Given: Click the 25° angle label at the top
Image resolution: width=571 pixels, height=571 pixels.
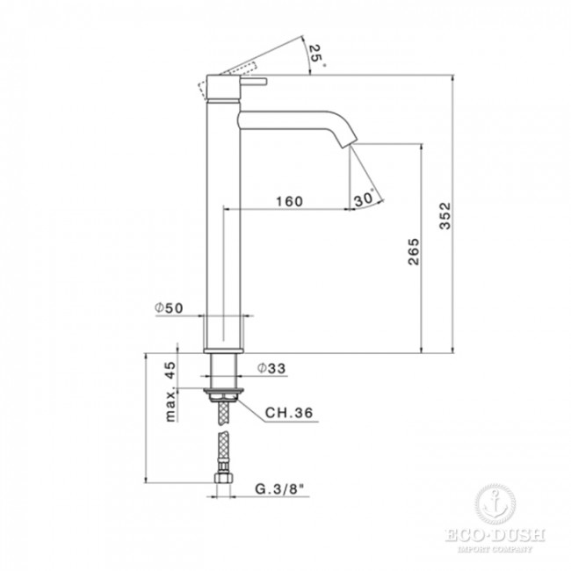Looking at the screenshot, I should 316,56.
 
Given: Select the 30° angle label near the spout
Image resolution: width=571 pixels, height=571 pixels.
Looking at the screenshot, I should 365,199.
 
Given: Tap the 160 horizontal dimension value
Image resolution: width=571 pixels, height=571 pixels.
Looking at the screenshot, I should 288,201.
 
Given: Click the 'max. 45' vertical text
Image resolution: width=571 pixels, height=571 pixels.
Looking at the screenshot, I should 170,391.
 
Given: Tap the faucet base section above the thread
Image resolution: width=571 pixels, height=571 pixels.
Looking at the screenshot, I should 223,335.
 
